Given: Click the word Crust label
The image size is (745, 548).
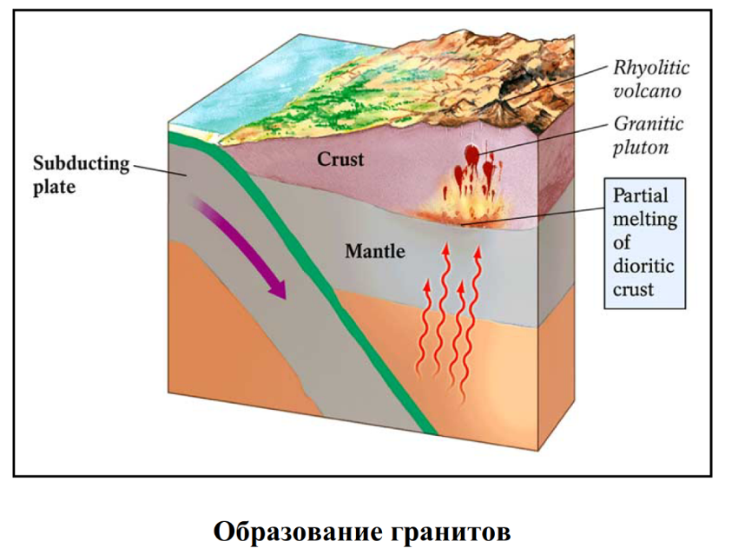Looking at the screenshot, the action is (340, 160).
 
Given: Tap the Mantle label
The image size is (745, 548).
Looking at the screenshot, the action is (375, 252).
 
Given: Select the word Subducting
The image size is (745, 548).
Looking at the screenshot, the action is (81, 163).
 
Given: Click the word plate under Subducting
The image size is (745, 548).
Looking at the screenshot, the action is (55, 186).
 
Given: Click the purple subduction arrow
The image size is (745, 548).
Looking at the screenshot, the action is (243, 248).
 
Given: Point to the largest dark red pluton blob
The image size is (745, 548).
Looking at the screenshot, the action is (471, 155).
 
